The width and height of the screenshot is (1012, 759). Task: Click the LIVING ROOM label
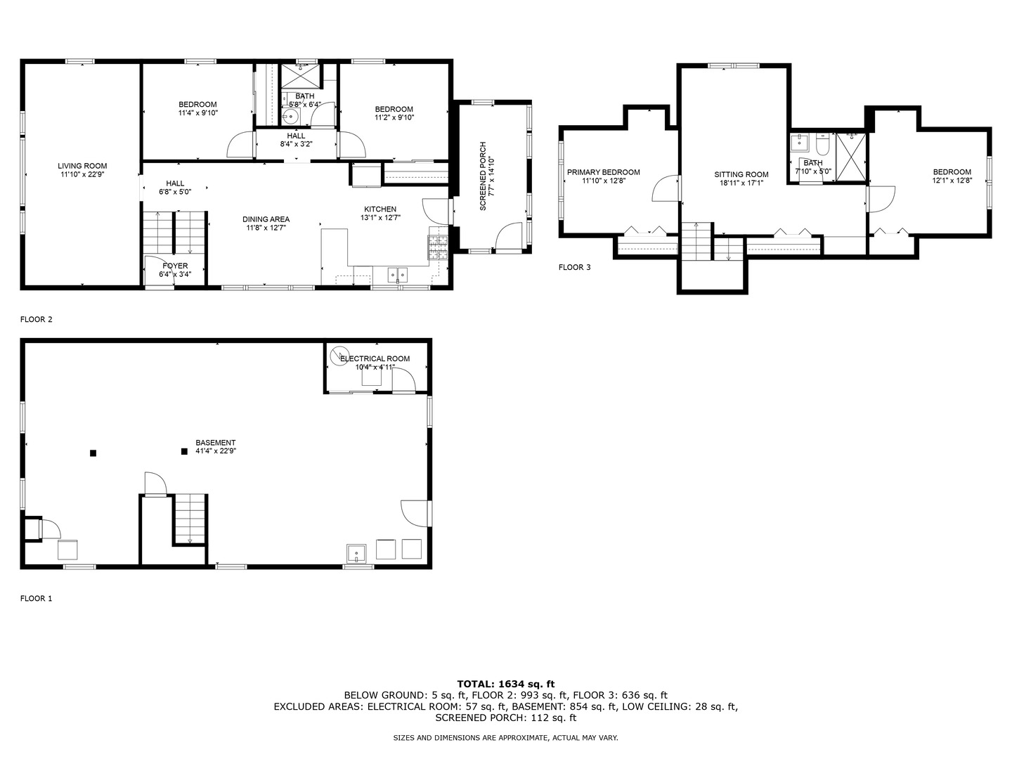[x=82, y=166]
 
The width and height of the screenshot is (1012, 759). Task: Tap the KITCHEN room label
[x=379, y=209]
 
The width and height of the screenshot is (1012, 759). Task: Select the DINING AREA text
[x=267, y=219]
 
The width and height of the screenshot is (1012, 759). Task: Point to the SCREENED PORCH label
[x=483, y=176]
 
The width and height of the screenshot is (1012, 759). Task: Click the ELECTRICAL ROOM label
[x=375, y=358]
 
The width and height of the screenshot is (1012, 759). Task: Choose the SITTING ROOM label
[x=741, y=174]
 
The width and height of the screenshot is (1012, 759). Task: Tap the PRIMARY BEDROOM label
[x=603, y=172]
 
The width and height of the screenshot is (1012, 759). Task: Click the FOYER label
[x=174, y=266]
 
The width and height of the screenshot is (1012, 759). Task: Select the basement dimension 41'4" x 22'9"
[x=216, y=452]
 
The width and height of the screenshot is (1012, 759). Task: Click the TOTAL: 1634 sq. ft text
[x=505, y=683]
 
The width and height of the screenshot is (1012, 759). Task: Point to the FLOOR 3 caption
[x=574, y=267]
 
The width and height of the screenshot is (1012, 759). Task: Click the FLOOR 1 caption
[x=36, y=599]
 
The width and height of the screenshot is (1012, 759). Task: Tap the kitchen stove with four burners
[x=438, y=249]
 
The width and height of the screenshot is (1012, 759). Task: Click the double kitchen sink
[x=397, y=275]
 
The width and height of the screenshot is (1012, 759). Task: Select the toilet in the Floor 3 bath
[x=823, y=145]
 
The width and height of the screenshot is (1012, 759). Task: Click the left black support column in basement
[x=93, y=453]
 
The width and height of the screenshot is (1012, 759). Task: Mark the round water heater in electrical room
[x=340, y=354]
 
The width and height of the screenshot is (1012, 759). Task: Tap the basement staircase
[x=190, y=519]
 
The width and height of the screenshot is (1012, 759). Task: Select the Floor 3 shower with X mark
[x=851, y=157]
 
